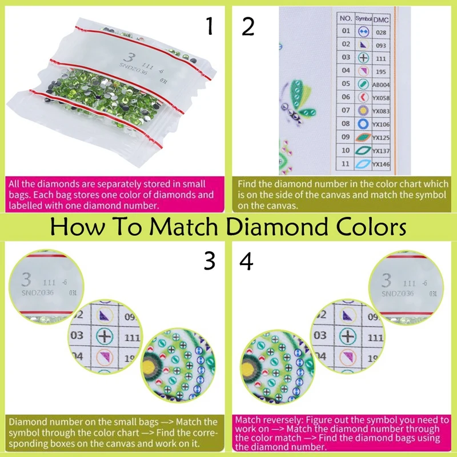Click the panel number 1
point(209,26)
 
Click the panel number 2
point(247,26)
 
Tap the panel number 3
point(209,260)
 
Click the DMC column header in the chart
point(381,19)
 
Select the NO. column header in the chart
point(346,19)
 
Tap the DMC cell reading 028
point(381,32)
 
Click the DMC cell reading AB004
point(381,84)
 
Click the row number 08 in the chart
point(346,123)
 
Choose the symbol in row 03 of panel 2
point(363,58)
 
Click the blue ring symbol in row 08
point(363,123)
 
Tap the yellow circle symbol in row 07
point(363,110)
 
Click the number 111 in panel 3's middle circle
point(132,337)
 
